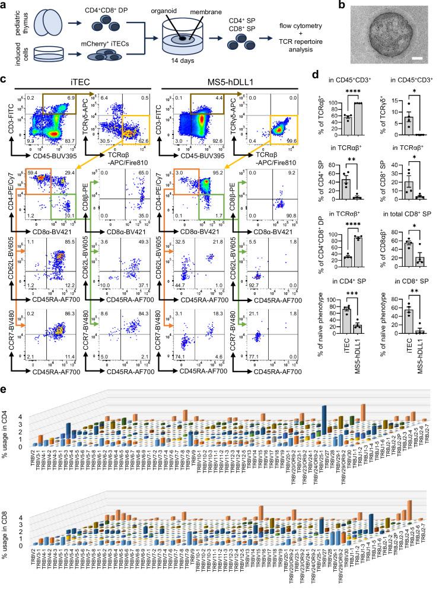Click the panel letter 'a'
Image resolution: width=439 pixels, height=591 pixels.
click(x=5, y=5)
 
